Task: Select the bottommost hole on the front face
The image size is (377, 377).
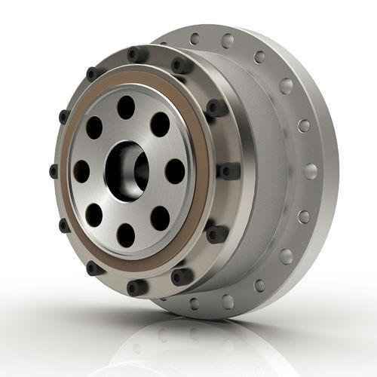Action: point(126,234)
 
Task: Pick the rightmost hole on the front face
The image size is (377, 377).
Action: point(173,171)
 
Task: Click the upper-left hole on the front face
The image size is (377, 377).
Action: point(93,127)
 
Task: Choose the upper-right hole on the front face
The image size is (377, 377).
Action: point(159,124)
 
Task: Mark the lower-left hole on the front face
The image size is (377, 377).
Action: point(93,216)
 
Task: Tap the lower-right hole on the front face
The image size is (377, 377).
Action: point(159,218)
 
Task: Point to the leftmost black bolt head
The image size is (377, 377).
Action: point(54,170)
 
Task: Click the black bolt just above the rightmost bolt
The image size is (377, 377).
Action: point(216,109)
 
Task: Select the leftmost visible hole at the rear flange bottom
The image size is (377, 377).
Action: point(194,304)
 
